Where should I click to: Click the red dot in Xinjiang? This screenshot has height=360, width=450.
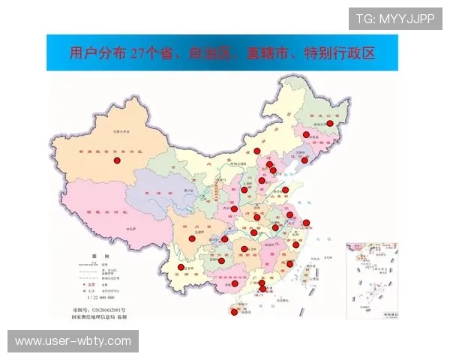click(x=116, y=160)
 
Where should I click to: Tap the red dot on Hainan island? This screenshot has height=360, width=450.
click(x=234, y=312)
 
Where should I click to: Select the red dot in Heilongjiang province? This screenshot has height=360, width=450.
click(x=329, y=124)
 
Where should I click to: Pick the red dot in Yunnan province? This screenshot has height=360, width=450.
click(x=181, y=267)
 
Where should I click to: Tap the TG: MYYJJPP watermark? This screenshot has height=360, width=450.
click(x=395, y=19)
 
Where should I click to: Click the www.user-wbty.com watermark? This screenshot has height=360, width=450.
click(x=73, y=341)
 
